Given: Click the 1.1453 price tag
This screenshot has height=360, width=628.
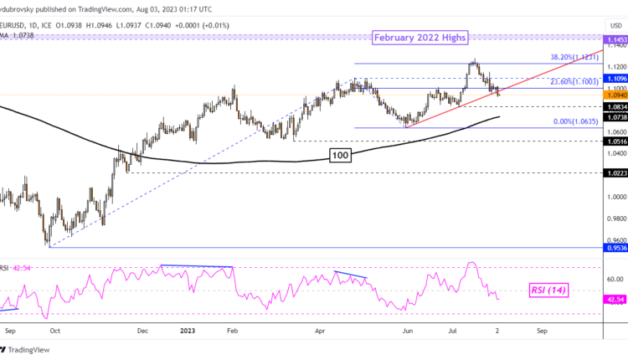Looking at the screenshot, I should pyautogui.click(x=615, y=39).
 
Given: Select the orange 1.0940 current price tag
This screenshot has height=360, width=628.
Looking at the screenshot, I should pyautogui.click(x=615, y=95).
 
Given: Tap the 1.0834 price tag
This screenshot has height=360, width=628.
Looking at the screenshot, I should pyautogui.click(x=615, y=108).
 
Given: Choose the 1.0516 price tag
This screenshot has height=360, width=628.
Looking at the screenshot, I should pyautogui.click(x=615, y=141).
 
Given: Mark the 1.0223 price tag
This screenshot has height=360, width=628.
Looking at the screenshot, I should pyautogui.click(x=615, y=172).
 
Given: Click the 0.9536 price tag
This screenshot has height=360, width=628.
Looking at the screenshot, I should pyautogui.click(x=615, y=248).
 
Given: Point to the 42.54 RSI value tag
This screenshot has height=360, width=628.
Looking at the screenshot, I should pyautogui.click(x=615, y=297).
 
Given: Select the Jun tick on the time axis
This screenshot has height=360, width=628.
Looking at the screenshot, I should pyautogui.click(x=408, y=331).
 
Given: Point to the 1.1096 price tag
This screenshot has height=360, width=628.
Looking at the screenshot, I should pyautogui.click(x=615, y=77).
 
